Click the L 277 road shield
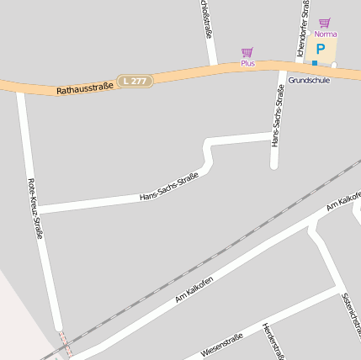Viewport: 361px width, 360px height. (135, 80)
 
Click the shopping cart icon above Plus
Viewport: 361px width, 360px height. (247, 52)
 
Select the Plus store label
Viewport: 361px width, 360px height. (247, 63)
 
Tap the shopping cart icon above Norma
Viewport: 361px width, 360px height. (325, 23)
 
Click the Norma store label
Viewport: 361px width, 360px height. (325, 34)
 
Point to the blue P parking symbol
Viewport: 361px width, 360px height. (321, 48)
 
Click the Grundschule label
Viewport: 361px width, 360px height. (309, 80)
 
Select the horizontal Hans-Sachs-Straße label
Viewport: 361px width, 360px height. (168, 187)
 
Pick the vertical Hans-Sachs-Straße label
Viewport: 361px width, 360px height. (277, 117)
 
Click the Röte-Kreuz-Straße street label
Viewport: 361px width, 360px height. (35, 208)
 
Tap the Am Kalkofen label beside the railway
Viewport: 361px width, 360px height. (194, 289)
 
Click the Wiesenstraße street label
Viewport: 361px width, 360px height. (222, 345)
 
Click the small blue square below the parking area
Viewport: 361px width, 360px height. (315, 63)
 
